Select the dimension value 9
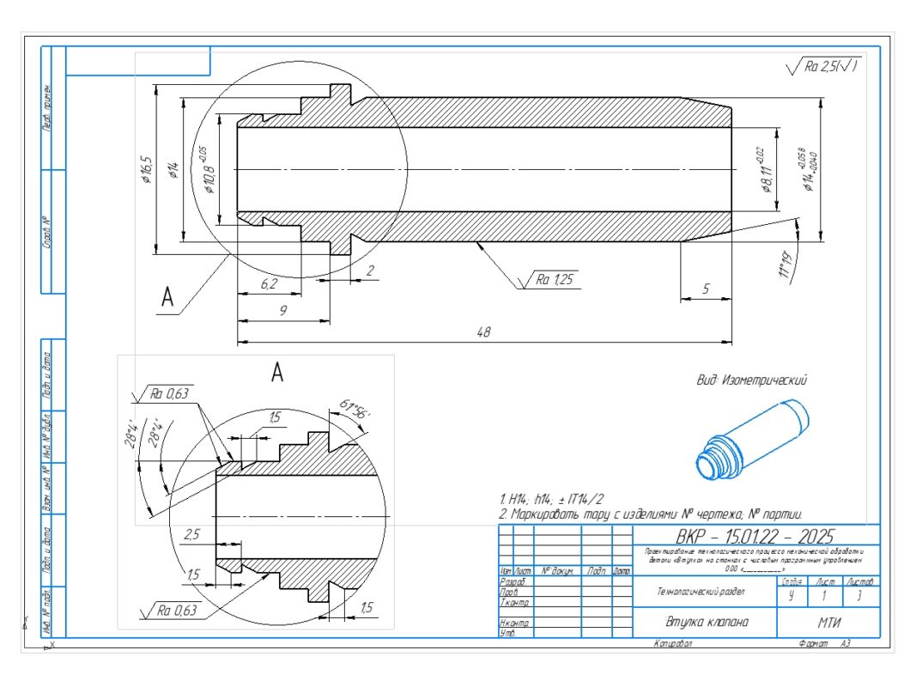[x=282, y=311]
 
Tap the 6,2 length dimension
[x=269, y=283]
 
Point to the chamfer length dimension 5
[x=705, y=289]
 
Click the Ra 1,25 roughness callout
[x=555, y=279]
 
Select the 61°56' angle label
[x=354, y=410]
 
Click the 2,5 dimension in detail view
[x=192, y=534]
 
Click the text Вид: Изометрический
[x=752, y=379]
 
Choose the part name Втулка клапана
[x=704, y=623]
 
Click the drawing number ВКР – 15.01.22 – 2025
[x=755, y=536]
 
